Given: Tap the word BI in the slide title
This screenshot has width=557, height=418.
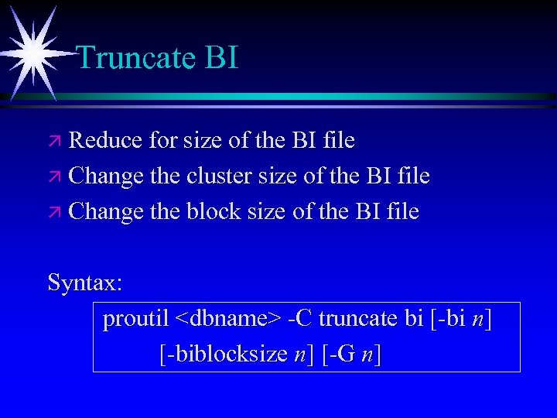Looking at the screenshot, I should pos(221,57).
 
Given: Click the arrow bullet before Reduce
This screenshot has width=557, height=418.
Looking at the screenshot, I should pos(55,142).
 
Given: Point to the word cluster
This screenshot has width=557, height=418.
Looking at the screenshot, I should pos(217,176).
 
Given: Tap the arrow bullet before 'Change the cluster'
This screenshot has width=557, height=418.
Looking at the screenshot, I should pos(55,177).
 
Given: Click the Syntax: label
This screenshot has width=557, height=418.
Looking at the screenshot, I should pos(85,283).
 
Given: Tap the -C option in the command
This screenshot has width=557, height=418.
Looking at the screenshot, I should pos(299,319).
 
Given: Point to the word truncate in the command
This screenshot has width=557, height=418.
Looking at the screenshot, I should pos(358,319).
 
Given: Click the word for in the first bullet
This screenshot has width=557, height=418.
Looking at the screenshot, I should pos(163,140).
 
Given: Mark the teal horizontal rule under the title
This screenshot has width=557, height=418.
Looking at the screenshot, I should pos(309,97).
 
